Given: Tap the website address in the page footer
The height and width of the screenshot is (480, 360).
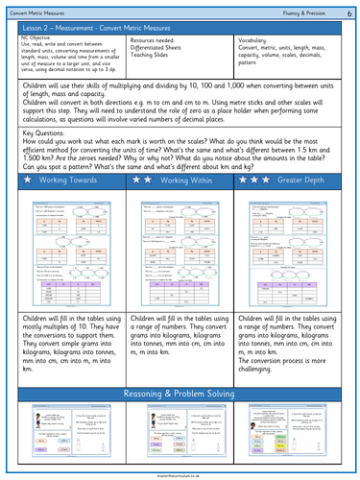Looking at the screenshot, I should [x=180, y=474].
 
